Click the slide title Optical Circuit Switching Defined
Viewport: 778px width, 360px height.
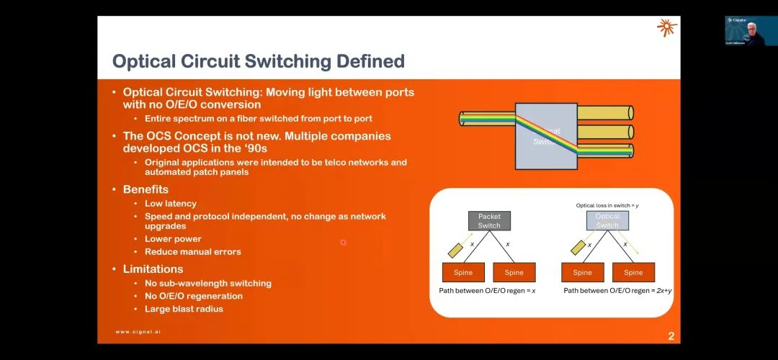(x=258, y=61)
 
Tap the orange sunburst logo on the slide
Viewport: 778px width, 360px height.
(x=666, y=28)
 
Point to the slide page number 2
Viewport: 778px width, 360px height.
(x=671, y=336)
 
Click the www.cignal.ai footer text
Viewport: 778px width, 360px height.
(x=143, y=332)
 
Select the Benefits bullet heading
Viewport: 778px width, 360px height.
(x=146, y=189)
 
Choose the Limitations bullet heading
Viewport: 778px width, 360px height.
(x=153, y=269)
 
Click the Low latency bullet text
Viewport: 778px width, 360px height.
(x=170, y=204)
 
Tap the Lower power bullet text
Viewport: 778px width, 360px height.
(x=173, y=239)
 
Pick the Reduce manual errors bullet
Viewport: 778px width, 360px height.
(x=192, y=252)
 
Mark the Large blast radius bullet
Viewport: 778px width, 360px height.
(x=184, y=309)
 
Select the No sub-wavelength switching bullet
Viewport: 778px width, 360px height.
(x=207, y=283)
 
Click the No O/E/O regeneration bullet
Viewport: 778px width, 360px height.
(x=193, y=296)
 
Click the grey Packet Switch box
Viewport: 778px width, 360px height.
(x=489, y=221)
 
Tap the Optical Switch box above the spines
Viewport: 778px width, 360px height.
(x=607, y=221)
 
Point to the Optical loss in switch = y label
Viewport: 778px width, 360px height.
(x=607, y=206)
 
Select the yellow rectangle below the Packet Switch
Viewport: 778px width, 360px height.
(x=456, y=250)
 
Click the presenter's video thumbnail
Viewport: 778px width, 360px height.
(x=750, y=31)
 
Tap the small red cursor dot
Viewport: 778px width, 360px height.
(x=343, y=242)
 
